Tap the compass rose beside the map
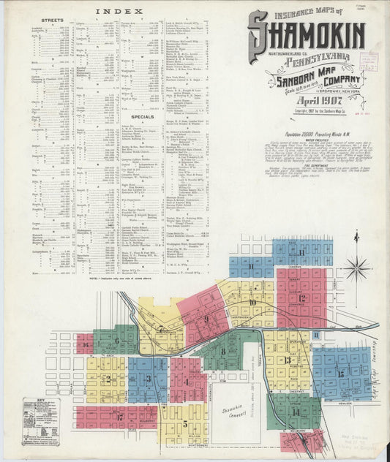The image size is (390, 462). point(357,268)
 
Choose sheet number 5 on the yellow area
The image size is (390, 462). point(185,423)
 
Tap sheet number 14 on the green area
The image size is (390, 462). point(296,412)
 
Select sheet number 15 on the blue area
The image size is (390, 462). point(341,374)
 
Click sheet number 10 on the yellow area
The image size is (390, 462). point(252,301)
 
